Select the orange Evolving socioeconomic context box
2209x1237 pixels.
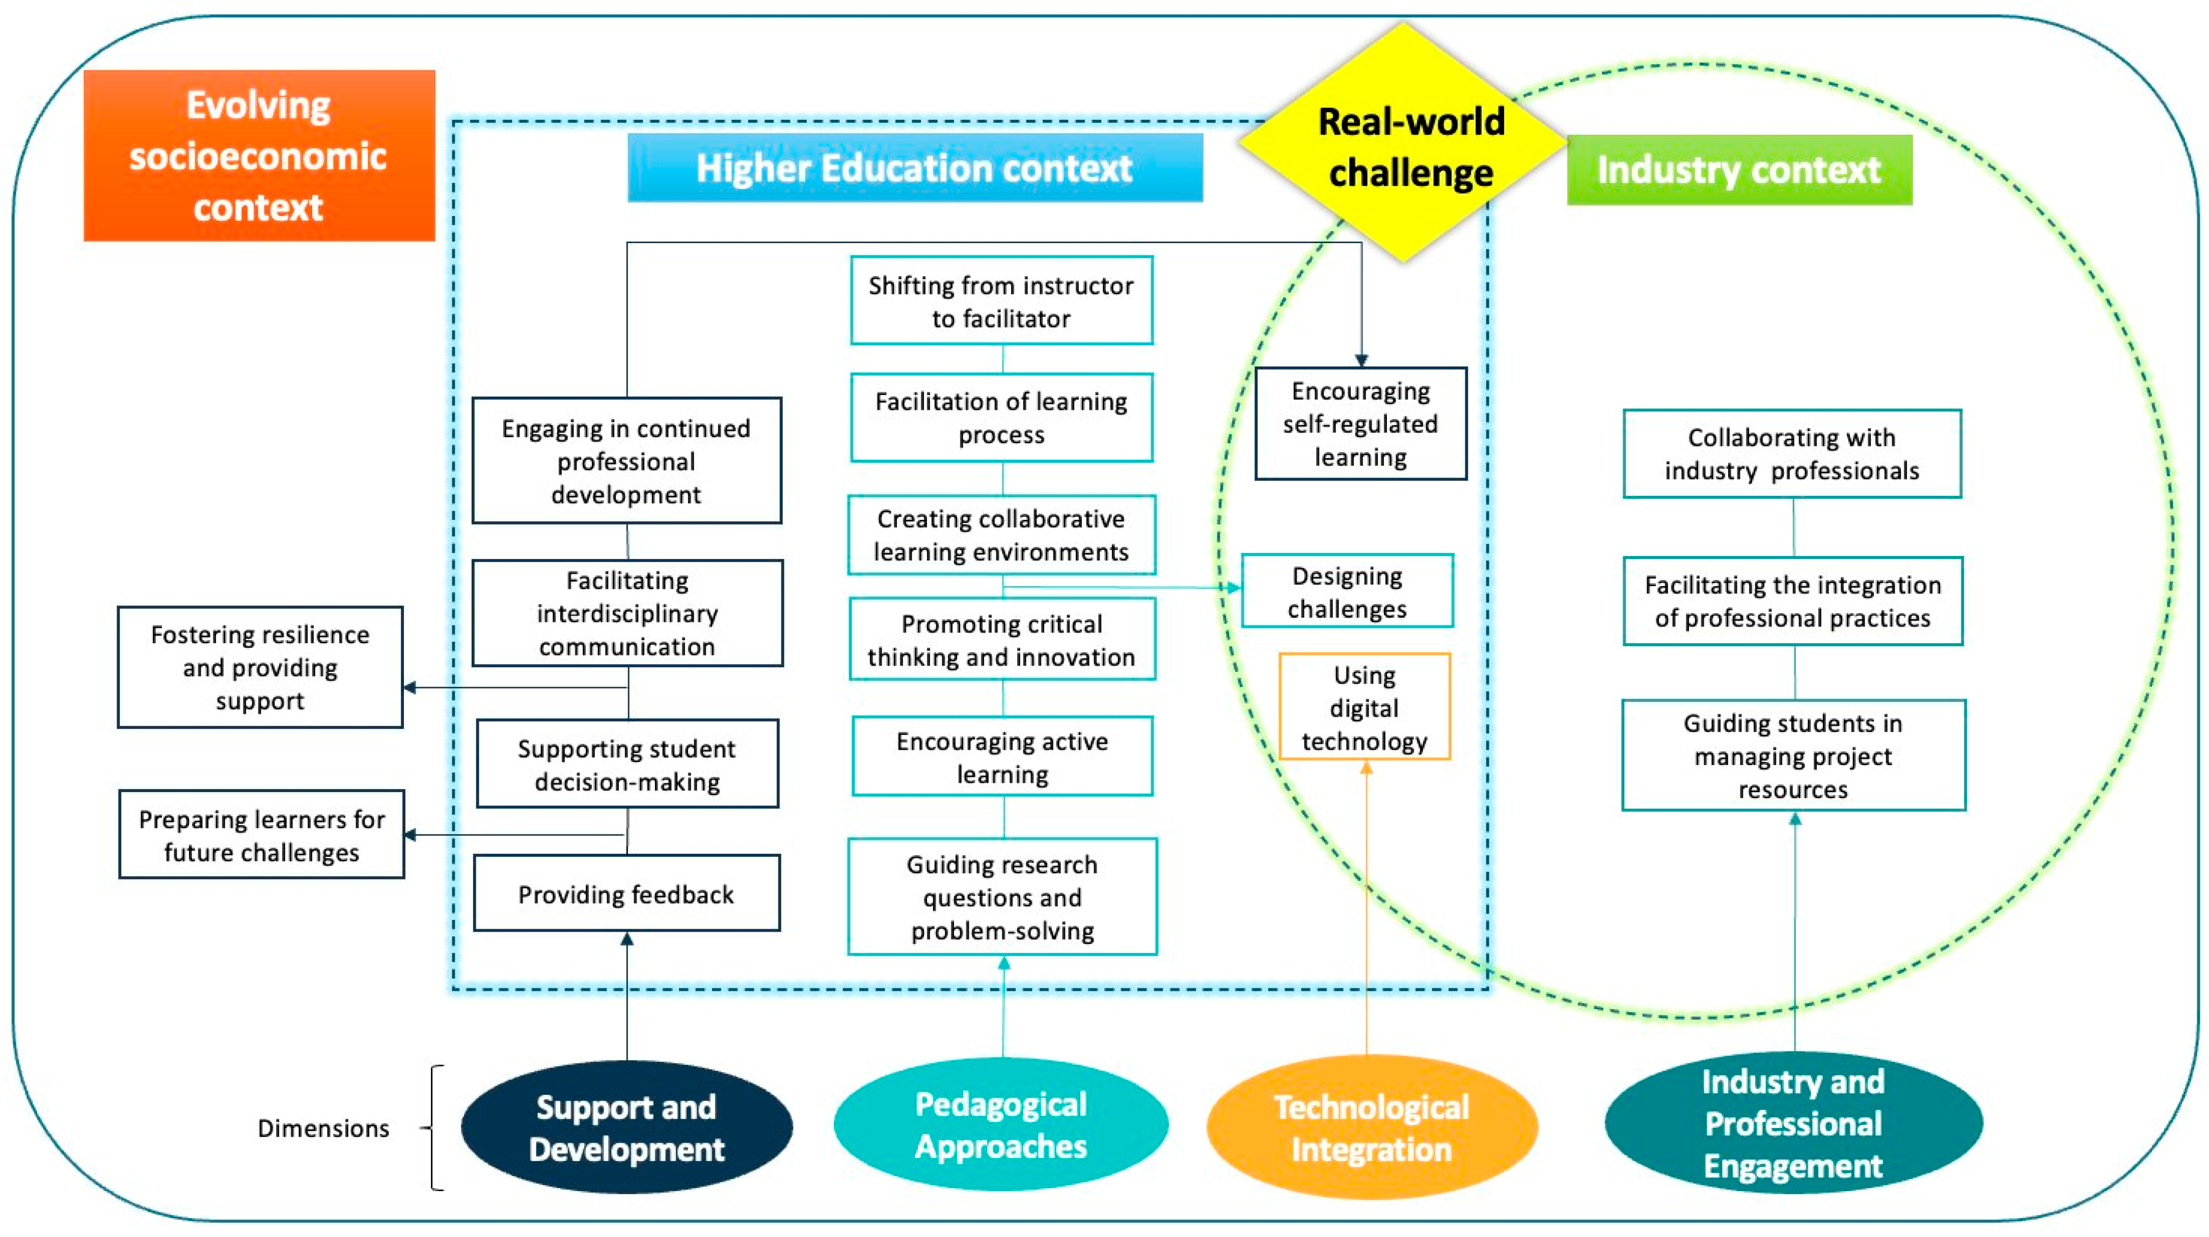point(259,156)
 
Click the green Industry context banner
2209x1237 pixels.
point(1739,170)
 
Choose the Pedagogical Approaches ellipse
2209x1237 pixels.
point(1001,1125)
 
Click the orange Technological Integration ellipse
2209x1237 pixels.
point(1371,1127)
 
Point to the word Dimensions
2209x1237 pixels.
point(323,1128)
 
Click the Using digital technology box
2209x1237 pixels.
point(1365,708)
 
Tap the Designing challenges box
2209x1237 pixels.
point(1347,592)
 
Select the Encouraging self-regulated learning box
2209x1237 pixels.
point(1361,424)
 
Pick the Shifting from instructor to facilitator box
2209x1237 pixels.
point(1001,301)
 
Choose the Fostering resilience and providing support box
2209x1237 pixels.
point(260,667)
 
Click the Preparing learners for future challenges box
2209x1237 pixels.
point(262,835)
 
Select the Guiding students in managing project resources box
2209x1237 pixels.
point(1793,756)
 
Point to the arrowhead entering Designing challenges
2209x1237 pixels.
point(1234,588)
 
